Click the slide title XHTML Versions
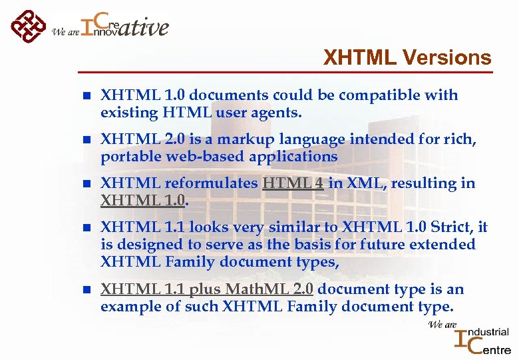(x=407, y=58)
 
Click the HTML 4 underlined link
(x=293, y=183)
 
